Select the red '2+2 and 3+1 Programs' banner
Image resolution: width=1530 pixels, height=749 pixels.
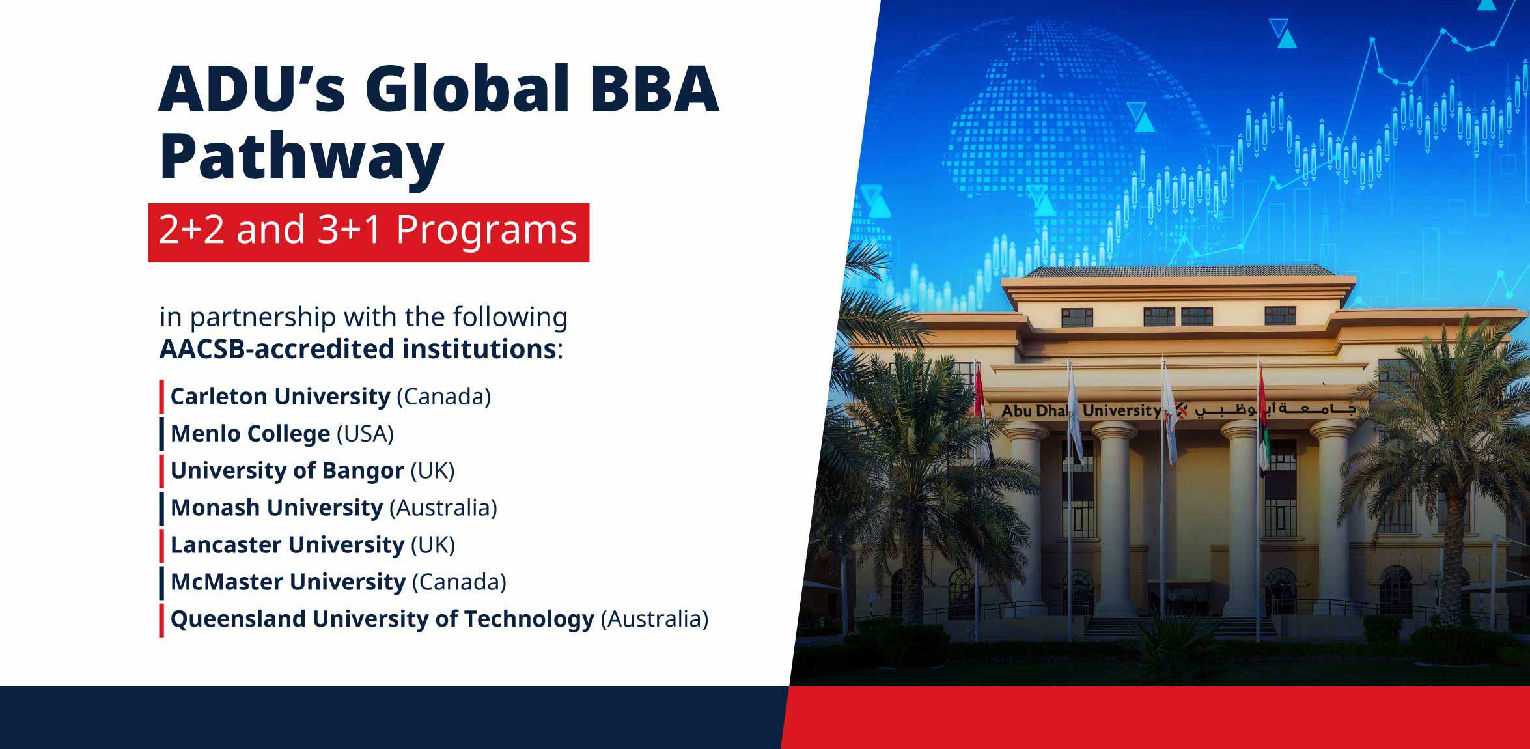pos(369,233)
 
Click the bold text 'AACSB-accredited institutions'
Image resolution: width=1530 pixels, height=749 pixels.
pos(357,349)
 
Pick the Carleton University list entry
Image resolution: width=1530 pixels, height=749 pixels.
pos(331,397)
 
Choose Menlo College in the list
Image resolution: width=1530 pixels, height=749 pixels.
pos(282,434)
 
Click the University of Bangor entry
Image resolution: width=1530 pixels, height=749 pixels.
pos(313,471)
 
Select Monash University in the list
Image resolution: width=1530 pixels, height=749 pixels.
pos(333,508)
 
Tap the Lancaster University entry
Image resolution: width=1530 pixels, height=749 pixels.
pos(313,545)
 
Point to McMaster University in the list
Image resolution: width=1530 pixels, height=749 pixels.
pos(339,582)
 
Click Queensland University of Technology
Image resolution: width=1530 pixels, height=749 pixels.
pos(439,619)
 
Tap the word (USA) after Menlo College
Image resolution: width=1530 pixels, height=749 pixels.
pos(365,434)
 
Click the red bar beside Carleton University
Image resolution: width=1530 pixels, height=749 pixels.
pos(161,397)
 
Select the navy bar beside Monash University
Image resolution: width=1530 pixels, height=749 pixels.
pos(161,509)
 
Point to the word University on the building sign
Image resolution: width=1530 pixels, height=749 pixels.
pos(1121,410)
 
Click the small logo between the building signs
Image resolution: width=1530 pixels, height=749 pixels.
pos(1180,410)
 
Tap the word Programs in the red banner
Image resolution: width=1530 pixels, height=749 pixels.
pos(486,231)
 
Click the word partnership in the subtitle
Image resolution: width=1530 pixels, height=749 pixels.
pos(263,318)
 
